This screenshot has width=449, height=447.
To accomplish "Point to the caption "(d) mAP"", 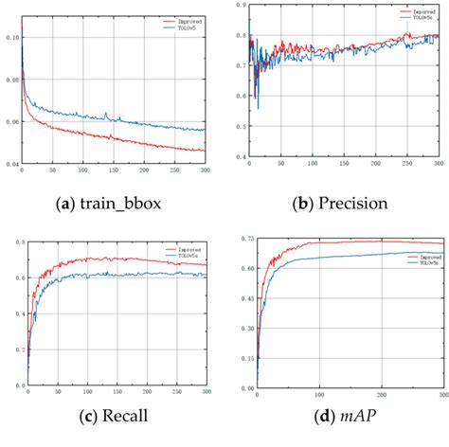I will pos(338,418).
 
